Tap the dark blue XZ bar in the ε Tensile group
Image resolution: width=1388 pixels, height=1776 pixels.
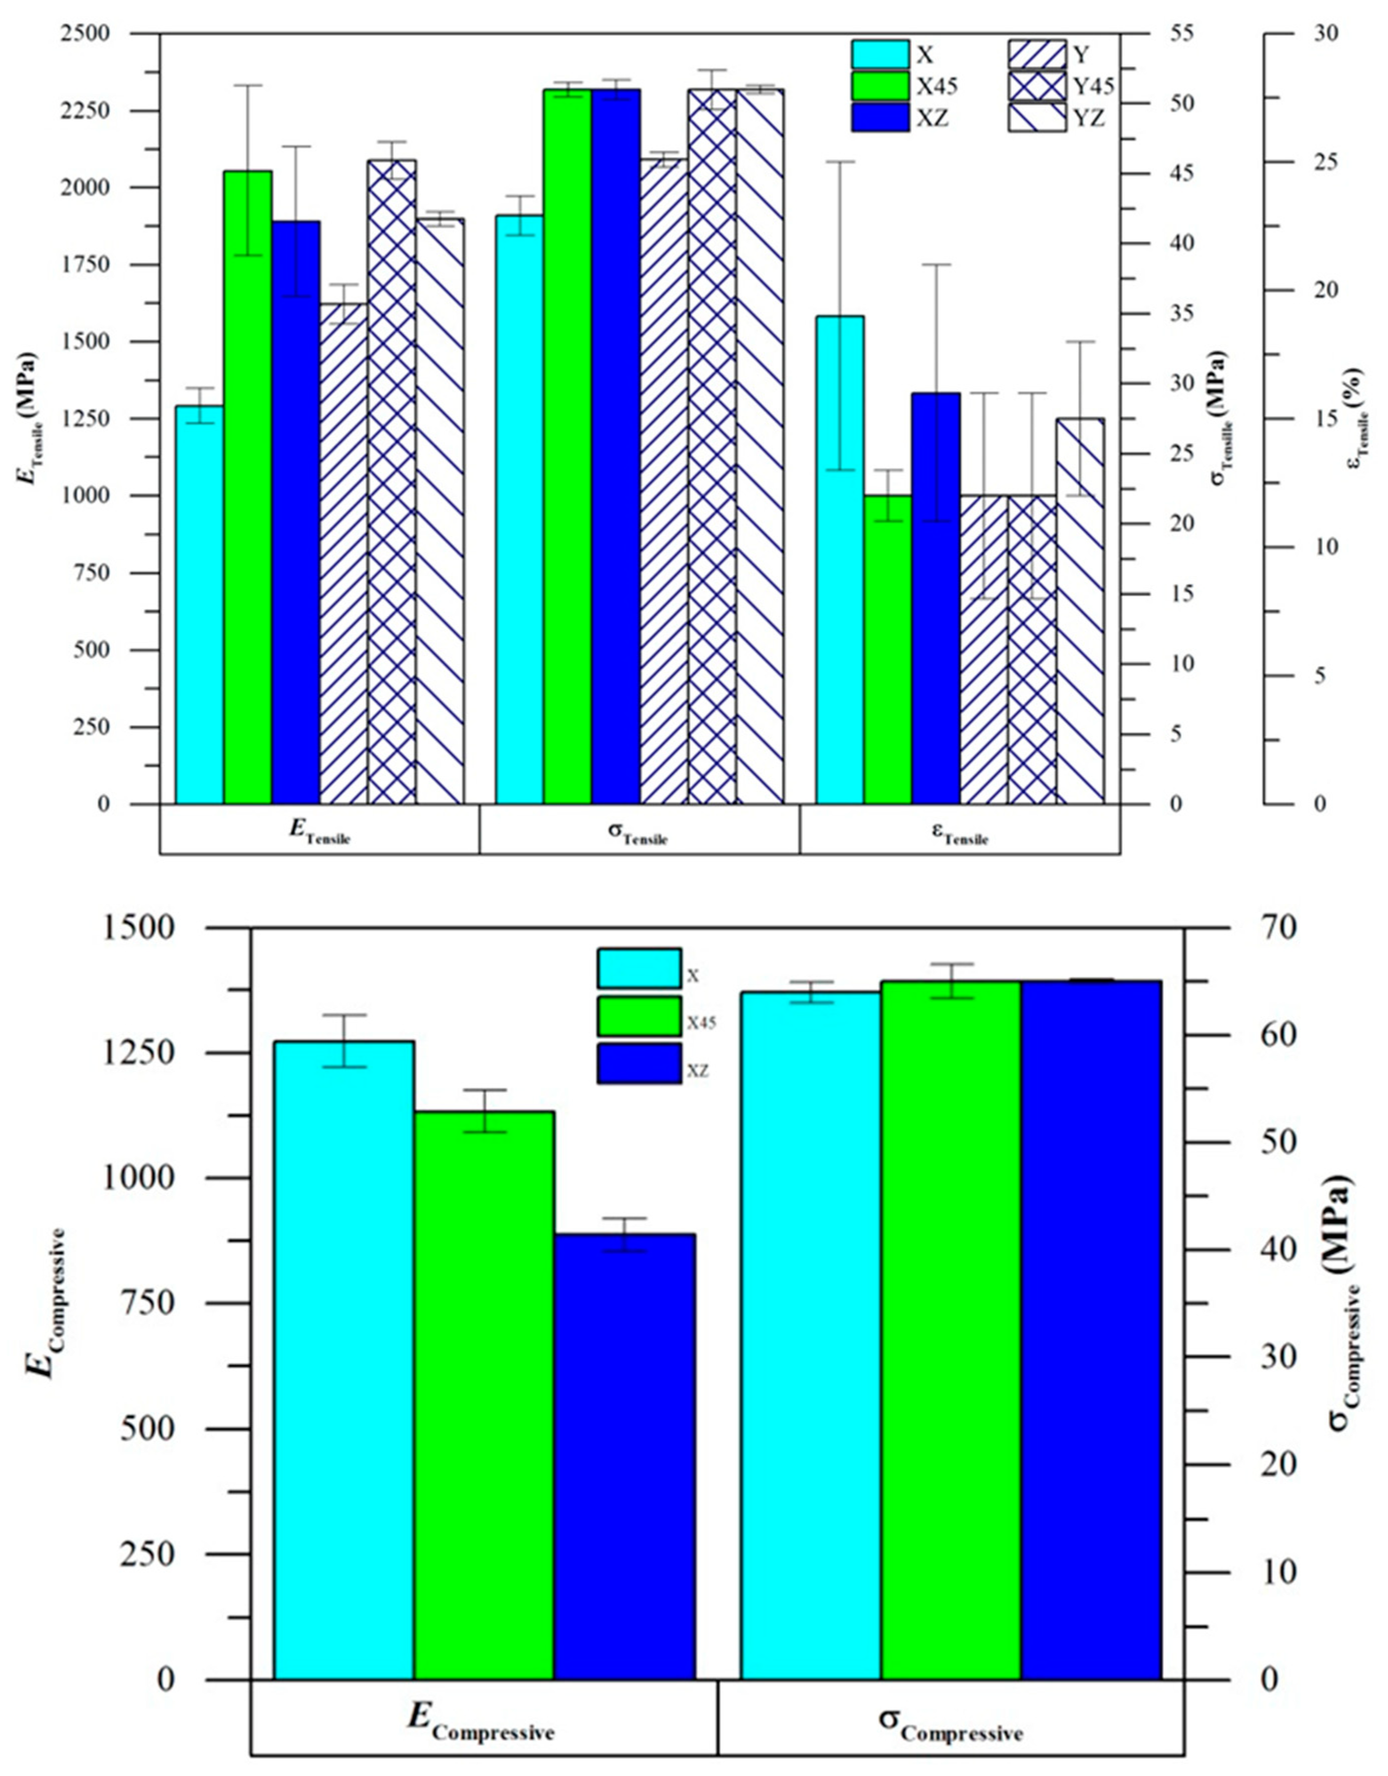(936, 602)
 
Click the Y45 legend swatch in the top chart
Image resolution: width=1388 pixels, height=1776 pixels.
(1037, 85)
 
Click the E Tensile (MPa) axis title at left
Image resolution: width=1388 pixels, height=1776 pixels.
(27, 419)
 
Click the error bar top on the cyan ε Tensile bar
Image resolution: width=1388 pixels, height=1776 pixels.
(840, 162)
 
